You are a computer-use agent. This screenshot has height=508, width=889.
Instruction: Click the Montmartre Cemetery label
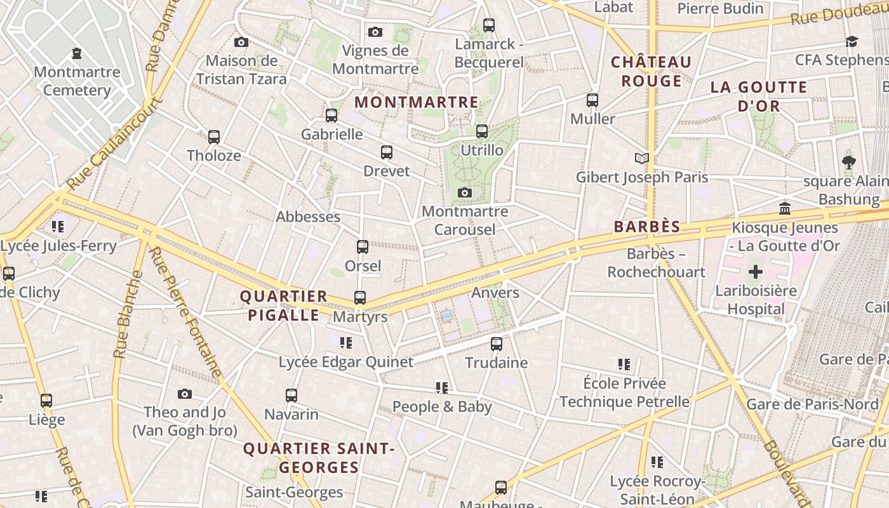coord(77,81)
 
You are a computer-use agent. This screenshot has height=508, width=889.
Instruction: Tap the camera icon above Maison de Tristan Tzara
coord(241,43)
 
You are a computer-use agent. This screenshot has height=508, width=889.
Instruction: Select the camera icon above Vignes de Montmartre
coord(375,32)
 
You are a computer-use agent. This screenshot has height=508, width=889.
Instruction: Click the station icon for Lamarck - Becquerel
coord(488,25)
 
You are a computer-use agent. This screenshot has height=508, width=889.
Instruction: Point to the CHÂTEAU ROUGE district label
coord(651,71)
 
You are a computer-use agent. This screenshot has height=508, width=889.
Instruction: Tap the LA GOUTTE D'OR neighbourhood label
coord(758,96)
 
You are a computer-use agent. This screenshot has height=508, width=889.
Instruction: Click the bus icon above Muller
coord(592,100)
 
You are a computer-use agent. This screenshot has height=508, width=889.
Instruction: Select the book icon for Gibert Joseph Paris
coord(642,158)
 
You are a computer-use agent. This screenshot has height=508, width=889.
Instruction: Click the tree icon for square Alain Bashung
coord(848,163)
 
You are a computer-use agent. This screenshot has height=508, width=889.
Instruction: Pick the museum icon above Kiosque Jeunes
coord(785,208)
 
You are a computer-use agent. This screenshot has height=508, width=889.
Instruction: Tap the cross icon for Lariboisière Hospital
coord(755,272)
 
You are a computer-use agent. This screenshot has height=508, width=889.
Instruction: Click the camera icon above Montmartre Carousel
coord(465,192)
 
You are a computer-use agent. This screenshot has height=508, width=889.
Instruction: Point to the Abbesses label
coord(308,217)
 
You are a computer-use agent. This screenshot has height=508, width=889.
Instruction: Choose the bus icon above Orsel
coord(363,247)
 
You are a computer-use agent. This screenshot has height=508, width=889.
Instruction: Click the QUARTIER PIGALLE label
coord(283,305)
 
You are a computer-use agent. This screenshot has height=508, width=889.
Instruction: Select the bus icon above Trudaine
coord(497,344)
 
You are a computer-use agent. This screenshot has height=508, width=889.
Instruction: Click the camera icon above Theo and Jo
coord(185,394)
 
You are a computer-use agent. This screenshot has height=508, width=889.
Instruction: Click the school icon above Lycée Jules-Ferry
coord(58,226)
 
